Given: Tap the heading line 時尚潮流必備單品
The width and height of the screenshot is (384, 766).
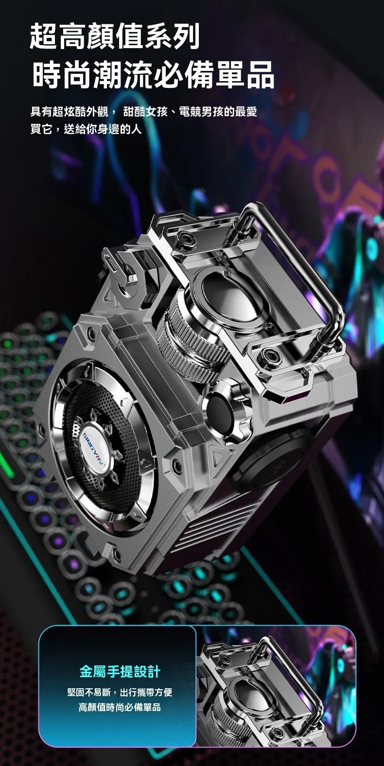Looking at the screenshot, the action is (154, 74).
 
